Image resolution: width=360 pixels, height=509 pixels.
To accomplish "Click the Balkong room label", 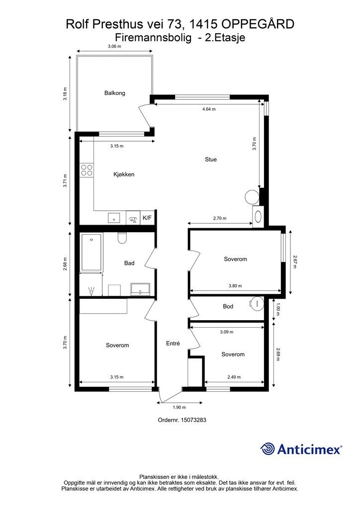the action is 114,93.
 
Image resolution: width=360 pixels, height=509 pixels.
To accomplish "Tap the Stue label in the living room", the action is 211,160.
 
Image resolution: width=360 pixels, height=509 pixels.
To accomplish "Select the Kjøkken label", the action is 124,174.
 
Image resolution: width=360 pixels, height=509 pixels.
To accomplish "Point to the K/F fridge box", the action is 147,218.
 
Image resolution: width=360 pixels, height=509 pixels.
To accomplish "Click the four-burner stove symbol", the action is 87,170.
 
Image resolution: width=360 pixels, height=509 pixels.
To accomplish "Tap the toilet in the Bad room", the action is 122,238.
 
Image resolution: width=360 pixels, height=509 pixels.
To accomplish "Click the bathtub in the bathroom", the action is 91,252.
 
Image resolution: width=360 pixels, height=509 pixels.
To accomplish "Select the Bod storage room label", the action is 228,306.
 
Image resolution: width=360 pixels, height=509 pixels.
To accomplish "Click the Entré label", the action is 173,343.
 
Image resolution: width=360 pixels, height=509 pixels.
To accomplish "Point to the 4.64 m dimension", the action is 209,109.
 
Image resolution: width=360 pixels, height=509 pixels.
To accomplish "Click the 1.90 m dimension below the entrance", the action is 179,408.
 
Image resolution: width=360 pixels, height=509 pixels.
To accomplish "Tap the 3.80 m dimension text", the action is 235,286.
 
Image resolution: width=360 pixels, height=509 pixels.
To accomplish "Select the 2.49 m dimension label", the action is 234,377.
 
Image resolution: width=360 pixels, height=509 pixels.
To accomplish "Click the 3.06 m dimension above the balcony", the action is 114,46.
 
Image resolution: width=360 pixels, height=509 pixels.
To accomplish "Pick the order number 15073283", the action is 193,420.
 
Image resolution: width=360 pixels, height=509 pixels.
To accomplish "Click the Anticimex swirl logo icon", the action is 268,449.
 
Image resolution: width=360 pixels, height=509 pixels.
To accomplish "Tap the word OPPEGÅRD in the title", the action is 258,24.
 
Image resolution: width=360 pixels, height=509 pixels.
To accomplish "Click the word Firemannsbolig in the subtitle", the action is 153,38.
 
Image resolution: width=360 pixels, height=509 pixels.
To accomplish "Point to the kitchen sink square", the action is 114,218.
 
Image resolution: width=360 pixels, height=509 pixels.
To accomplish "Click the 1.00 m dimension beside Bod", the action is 277,309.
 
